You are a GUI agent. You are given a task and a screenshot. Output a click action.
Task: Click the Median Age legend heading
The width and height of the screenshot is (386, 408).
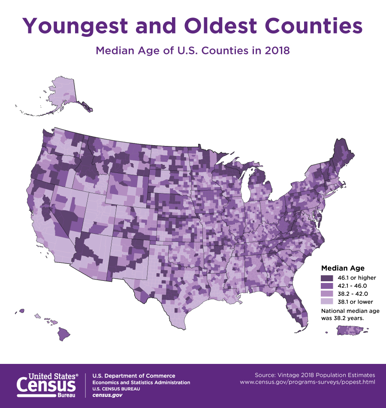(343, 268)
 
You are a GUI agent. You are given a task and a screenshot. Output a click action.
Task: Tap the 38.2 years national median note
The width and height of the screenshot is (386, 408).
(343, 319)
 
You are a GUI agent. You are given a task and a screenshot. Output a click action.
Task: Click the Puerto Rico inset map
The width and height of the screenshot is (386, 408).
(350, 330)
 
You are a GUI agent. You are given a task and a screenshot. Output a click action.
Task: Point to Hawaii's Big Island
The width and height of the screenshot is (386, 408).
(64, 332)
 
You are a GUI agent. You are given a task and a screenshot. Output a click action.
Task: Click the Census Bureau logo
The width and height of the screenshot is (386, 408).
(47, 384)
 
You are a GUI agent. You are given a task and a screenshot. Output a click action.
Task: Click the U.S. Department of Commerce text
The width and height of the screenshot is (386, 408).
(133, 376)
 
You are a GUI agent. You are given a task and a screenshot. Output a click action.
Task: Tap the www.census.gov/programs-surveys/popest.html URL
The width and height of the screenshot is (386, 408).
(307, 381)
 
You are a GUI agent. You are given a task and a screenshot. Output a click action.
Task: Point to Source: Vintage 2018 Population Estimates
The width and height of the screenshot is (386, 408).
(314, 374)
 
